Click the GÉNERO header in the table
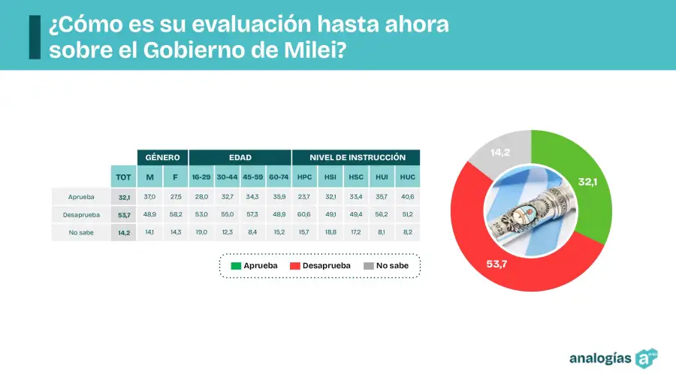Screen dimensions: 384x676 162,158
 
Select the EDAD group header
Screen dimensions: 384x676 240,158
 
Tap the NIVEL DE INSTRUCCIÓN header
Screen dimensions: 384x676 356,158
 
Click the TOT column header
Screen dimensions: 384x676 124,177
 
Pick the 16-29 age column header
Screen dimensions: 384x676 201,177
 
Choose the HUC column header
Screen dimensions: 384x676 408,177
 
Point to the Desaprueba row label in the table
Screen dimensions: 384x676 80,215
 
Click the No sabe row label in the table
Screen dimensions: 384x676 80,232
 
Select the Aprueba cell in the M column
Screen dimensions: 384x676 149,197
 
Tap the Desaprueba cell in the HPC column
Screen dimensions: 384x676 304,215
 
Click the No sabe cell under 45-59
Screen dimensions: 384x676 252,232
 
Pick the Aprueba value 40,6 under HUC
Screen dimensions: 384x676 408,197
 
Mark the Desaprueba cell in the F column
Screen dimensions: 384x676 175,215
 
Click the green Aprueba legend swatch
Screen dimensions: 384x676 236,266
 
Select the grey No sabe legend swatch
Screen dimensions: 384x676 368,266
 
